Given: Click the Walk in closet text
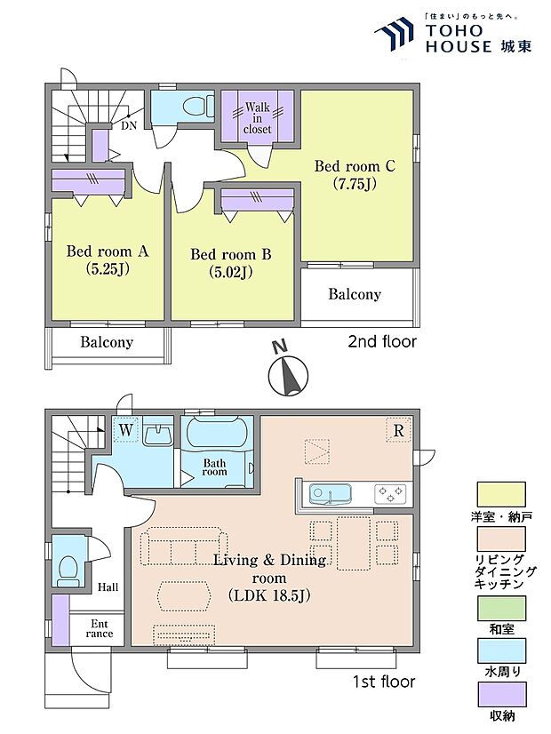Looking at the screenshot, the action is (257, 118).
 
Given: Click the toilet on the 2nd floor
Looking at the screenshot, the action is (196, 107).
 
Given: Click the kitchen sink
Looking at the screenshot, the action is (330, 495).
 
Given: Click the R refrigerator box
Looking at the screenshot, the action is (398, 430).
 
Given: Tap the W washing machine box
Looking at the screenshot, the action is (125, 429).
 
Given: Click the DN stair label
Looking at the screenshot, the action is (129, 125).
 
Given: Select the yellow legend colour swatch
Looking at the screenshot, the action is (501, 495).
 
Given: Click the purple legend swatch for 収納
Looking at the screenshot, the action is (502, 694).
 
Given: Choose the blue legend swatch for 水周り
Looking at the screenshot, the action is (501, 650).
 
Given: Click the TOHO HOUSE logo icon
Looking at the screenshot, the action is (395, 34).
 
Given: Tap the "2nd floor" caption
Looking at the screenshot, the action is (382, 341).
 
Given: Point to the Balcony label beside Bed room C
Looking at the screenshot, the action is (355, 294).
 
